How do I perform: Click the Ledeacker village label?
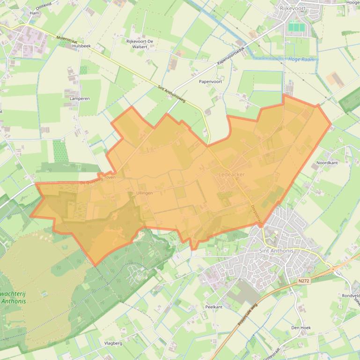[231, 174]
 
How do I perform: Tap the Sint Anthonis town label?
[276, 251]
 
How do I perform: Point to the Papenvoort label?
[210, 81]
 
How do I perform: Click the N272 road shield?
[303, 281]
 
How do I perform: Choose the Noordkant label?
[327, 163]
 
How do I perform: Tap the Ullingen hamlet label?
[144, 193]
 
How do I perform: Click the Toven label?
[110, 178]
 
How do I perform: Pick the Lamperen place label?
[80, 99]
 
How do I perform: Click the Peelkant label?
[213, 307]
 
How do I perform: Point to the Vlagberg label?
[113, 343]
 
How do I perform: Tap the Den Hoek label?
[301, 328]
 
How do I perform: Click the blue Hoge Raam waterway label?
[301, 60]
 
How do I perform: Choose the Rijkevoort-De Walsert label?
[137, 44]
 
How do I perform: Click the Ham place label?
[34, 13]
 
